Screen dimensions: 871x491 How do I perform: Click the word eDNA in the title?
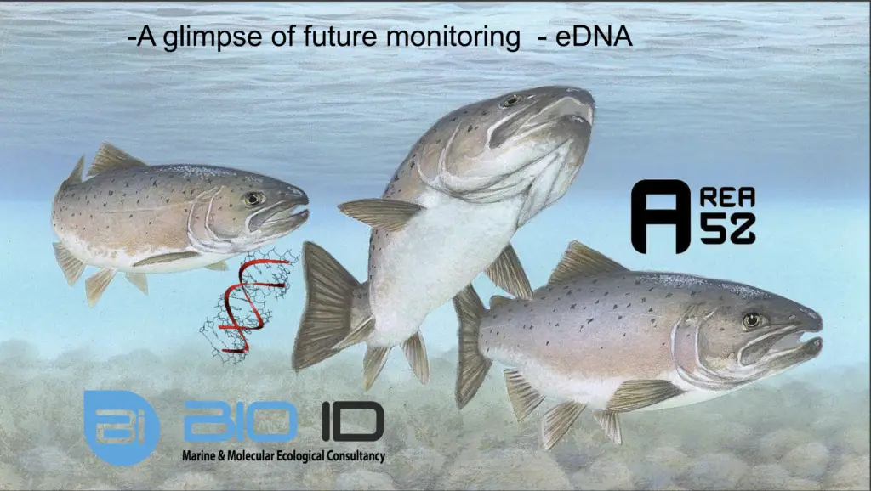594,37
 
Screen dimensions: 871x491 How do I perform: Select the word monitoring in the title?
453,37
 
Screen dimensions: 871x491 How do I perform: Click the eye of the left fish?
253,199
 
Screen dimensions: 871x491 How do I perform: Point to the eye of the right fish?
753,320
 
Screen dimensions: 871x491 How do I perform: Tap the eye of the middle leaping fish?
510,101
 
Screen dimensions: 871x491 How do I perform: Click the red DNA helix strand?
250,305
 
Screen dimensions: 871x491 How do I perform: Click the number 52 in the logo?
728,229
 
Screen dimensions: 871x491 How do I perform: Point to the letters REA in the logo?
728,197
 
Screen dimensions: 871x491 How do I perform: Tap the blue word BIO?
240,421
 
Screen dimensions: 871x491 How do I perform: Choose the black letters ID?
353,421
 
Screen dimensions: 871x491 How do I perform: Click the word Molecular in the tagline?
251,456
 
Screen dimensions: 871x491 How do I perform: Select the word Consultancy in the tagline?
356,456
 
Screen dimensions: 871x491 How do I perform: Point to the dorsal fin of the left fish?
113,158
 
